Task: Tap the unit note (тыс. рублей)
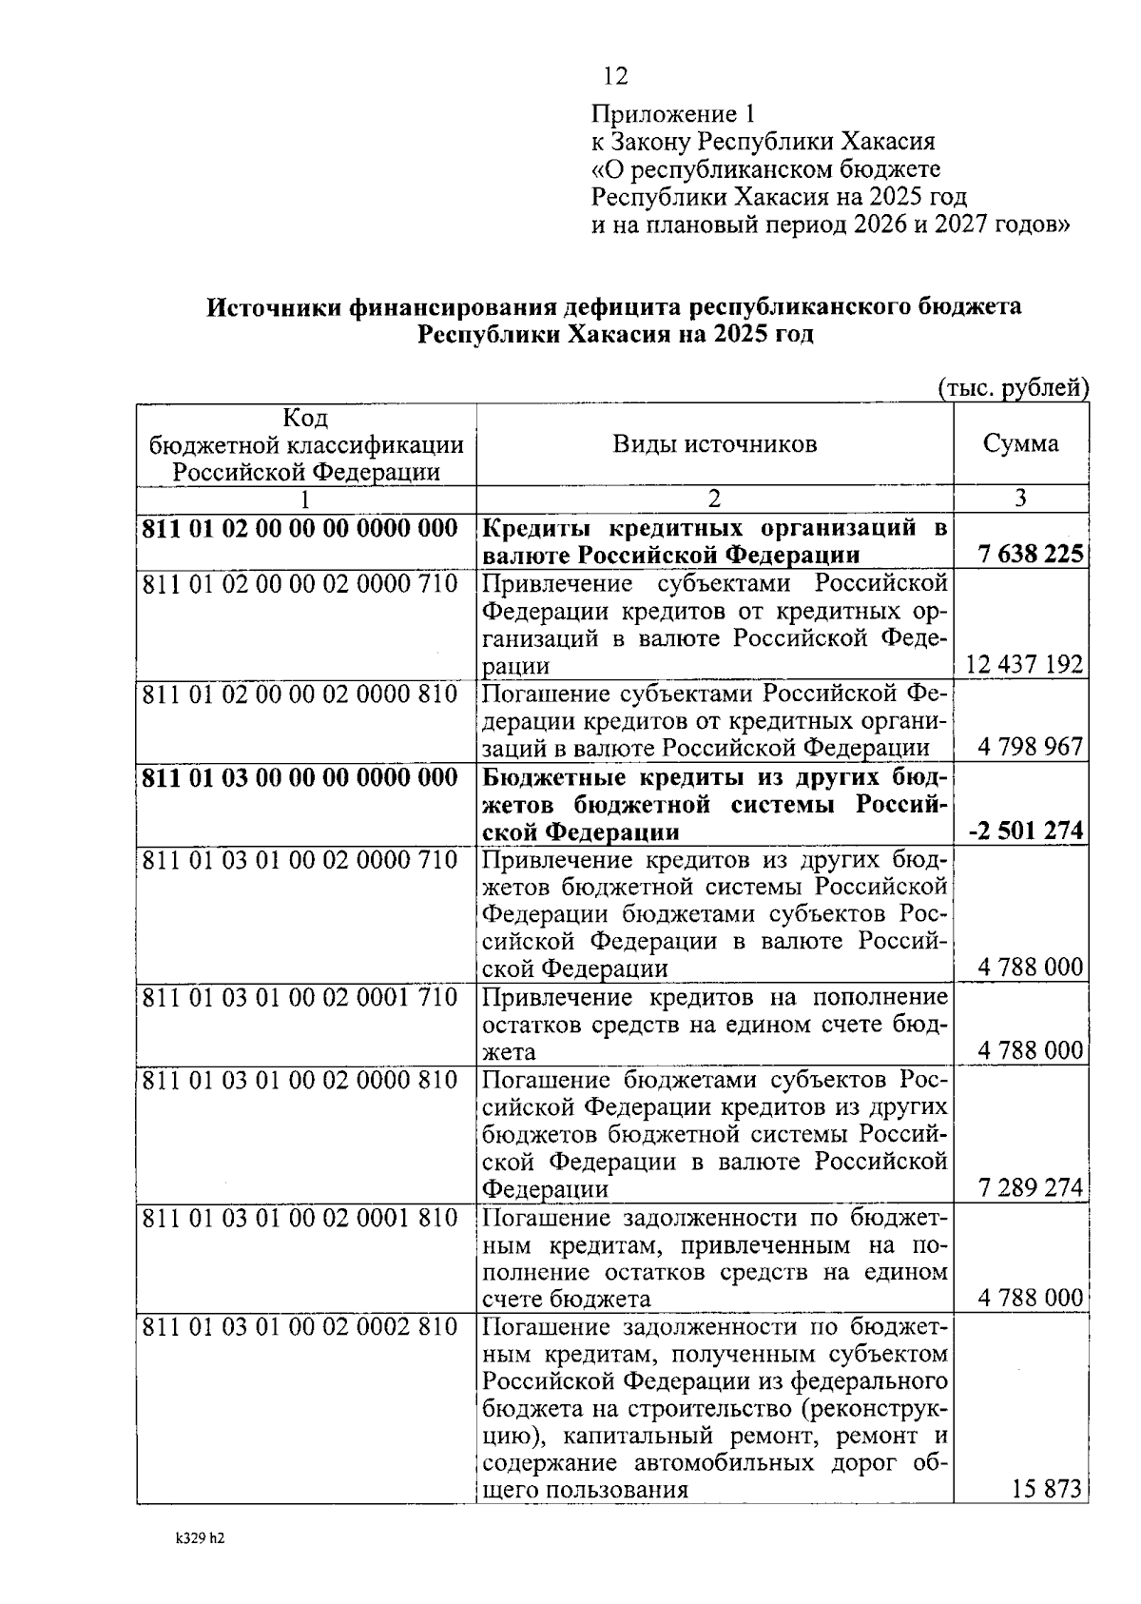point(1013,388)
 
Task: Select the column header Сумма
point(1020,444)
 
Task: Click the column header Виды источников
point(714,444)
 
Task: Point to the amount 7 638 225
point(1028,554)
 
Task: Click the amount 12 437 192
point(1024,664)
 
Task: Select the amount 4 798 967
point(1030,747)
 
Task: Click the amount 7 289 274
point(1030,1188)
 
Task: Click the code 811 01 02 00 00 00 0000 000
point(300,529)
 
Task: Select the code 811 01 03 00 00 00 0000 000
point(300,777)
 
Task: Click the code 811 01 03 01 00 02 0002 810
point(300,1327)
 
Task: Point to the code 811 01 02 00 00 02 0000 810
point(300,694)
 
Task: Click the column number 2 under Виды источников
point(714,499)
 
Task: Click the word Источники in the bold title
point(273,308)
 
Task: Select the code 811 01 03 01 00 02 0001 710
point(300,998)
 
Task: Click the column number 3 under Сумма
point(1020,499)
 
